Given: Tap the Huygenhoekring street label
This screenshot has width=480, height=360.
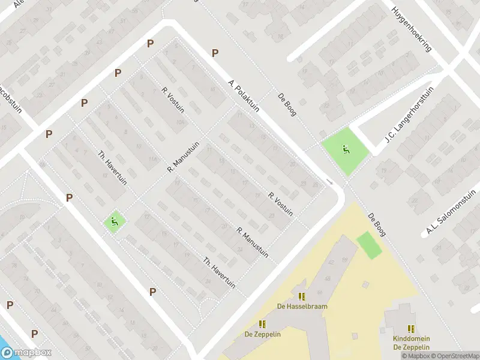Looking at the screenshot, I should point(411,28).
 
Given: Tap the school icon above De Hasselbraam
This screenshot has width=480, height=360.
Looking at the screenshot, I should point(302,296).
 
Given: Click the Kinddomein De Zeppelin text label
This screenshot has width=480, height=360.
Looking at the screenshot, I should point(412,343).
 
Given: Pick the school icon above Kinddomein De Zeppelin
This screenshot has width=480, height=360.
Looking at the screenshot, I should point(411,329).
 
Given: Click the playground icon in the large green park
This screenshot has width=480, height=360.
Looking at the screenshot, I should point(346,149).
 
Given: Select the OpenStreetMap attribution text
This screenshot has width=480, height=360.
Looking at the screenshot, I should point(454,356).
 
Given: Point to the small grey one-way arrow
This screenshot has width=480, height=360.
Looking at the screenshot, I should point(329,181).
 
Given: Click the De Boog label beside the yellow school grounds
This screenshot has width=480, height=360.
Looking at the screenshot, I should point(377,225).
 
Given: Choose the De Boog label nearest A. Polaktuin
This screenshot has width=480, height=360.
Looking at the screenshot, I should point(287,104).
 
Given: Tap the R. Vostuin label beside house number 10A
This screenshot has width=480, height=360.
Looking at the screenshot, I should point(173,100).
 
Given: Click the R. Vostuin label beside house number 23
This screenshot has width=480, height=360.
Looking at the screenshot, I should point(281,203).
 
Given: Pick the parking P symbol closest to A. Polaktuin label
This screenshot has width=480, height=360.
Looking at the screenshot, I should point(215,53).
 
